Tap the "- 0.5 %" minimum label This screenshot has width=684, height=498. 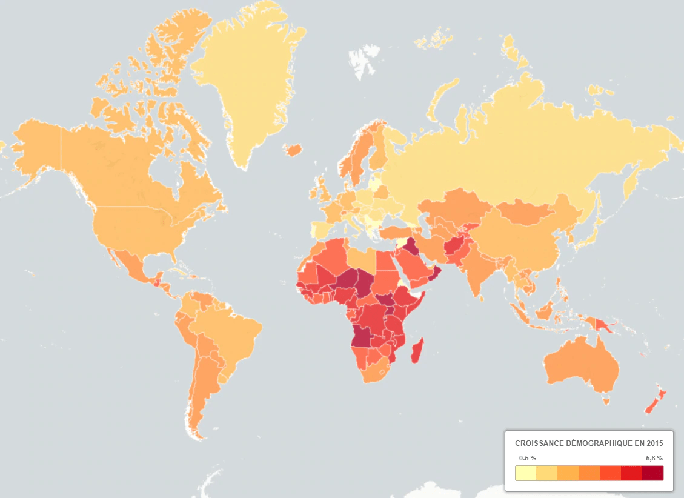pyautogui.click(x=526, y=458)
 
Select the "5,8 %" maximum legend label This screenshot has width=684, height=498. pyautogui.click(x=651, y=458)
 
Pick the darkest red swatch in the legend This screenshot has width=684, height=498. pyautogui.click(x=652, y=473)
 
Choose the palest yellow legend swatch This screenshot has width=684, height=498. pyautogui.click(x=526, y=473)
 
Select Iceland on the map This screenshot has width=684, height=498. pyautogui.click(x=293, y=149)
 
